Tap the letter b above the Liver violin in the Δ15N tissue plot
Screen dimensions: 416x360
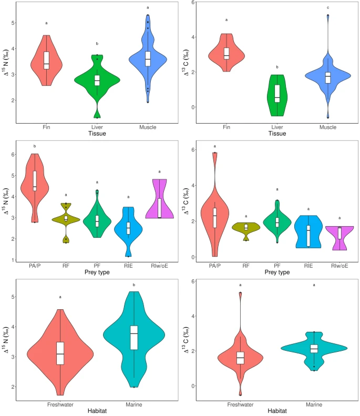click(x=97, y=44)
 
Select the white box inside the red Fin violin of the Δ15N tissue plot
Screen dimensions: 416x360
click(x=46, y=60)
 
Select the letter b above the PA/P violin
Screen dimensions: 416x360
click(x=35, y=146)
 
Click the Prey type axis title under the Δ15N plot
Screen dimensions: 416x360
click(x=97, y=273)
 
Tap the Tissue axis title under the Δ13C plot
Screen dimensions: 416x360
click(x=277, y=133)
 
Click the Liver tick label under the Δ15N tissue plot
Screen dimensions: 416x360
click(x=97, y=127)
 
